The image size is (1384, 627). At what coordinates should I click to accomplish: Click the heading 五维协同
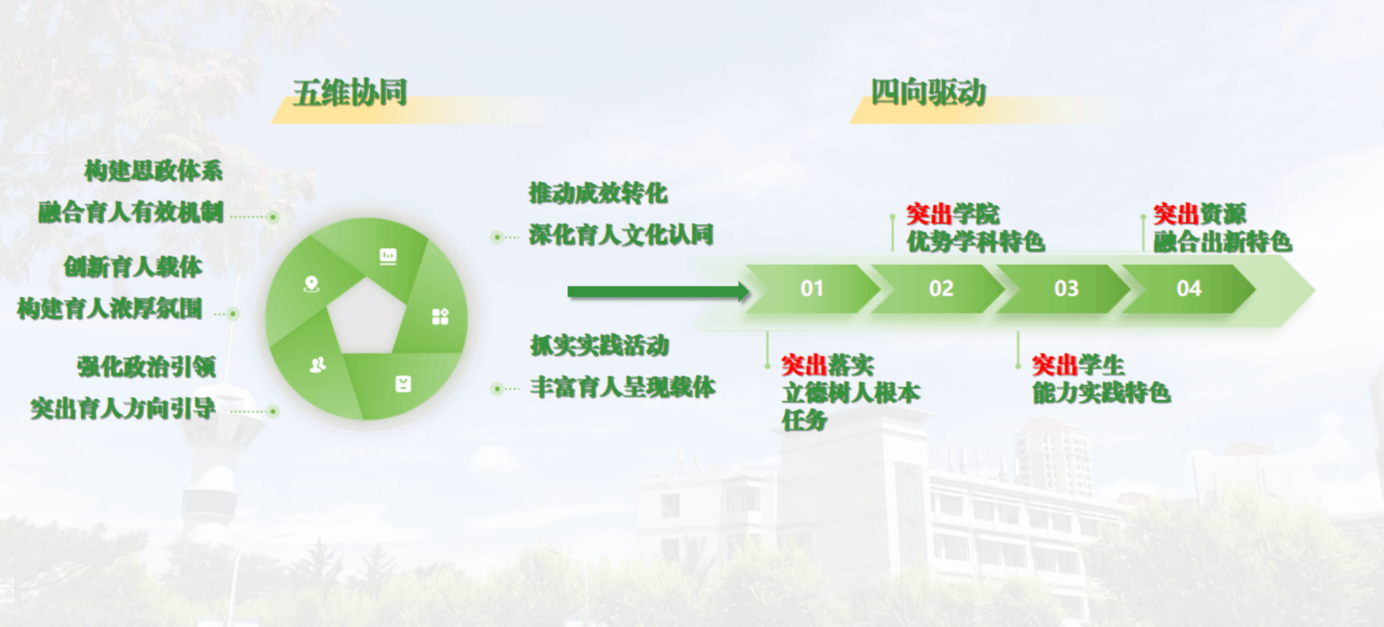[x=350, y=93]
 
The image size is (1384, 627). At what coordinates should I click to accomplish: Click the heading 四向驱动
[x=929, y=93]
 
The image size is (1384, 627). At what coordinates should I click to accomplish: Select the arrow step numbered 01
[x=812, y=289]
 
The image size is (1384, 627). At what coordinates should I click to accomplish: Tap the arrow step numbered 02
[x=940, y=289]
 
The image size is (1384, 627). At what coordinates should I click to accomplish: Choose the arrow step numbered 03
[x=1066, y=289]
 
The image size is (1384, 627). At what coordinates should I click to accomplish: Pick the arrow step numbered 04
[x=1189, y=289]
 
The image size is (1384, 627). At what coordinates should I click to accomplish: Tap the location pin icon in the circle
[x=311, y=284]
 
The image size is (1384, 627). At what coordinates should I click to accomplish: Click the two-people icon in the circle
[x=318, y=365]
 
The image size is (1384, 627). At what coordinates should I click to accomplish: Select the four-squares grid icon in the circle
[x=440, y=317]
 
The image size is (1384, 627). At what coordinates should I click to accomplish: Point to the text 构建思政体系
[x=153, y=170]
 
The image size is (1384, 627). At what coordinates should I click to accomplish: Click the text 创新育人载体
[x=133, y=266]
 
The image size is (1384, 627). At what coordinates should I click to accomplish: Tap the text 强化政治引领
[x=147, y=367]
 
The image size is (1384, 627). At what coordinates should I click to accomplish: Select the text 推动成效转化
[x=598, y=193]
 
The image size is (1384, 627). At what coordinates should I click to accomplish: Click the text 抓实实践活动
[x=599, y=346]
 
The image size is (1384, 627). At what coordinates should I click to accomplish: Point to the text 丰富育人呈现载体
[x=622, y=387]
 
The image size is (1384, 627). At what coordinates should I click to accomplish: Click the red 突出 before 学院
[x=929, y=214]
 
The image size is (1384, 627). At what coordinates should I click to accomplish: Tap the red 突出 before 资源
[x=1177, y=214]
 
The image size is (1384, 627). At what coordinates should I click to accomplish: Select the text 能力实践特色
[x=1102, y=393]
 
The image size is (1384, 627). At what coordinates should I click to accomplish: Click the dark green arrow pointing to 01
[x=659, y=292]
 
